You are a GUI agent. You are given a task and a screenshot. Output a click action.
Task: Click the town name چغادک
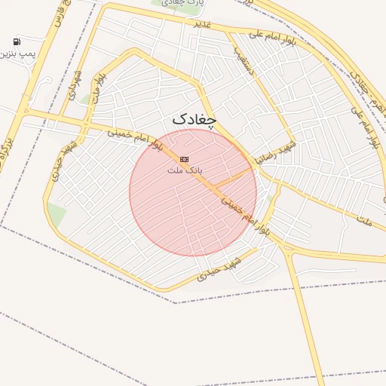(194, 119)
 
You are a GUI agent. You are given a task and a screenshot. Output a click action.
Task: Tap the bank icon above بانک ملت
(184, 159)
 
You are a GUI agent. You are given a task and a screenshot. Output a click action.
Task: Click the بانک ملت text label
(184, 170)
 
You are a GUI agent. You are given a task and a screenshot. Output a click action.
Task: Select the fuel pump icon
(17, 41)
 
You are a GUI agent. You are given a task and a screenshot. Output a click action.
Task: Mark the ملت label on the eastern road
(365, 222)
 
